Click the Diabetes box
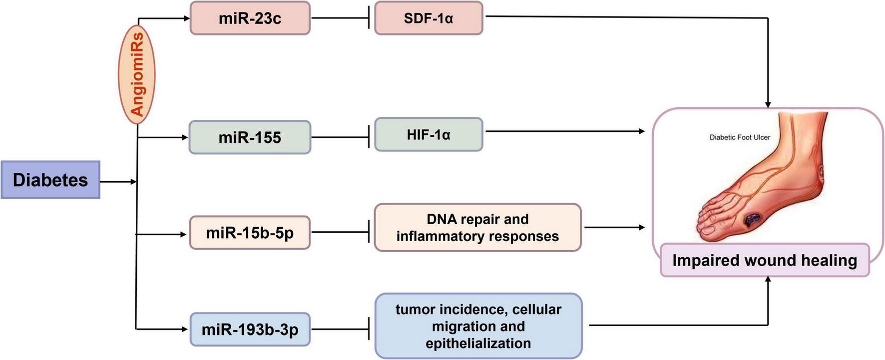pos(50,180)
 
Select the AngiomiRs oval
pos(137,74)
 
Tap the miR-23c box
pos(250,18)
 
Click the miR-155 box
pos(250,137)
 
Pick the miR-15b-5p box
pos(250,233)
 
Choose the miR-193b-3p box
pos(250,330)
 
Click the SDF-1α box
pos(429,18)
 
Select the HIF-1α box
pos(429,135)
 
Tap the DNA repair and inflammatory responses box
pos(477,228)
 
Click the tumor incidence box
pos(478,326)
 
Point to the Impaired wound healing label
pos(765,260)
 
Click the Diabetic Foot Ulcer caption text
pos(740,137)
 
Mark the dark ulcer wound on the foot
pos(752,218)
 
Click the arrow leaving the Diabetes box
pos(118,182)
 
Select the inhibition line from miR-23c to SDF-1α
pos(340,18)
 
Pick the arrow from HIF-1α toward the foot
pos(564,131)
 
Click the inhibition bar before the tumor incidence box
pos(369,329)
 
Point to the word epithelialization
pos(478,344)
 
